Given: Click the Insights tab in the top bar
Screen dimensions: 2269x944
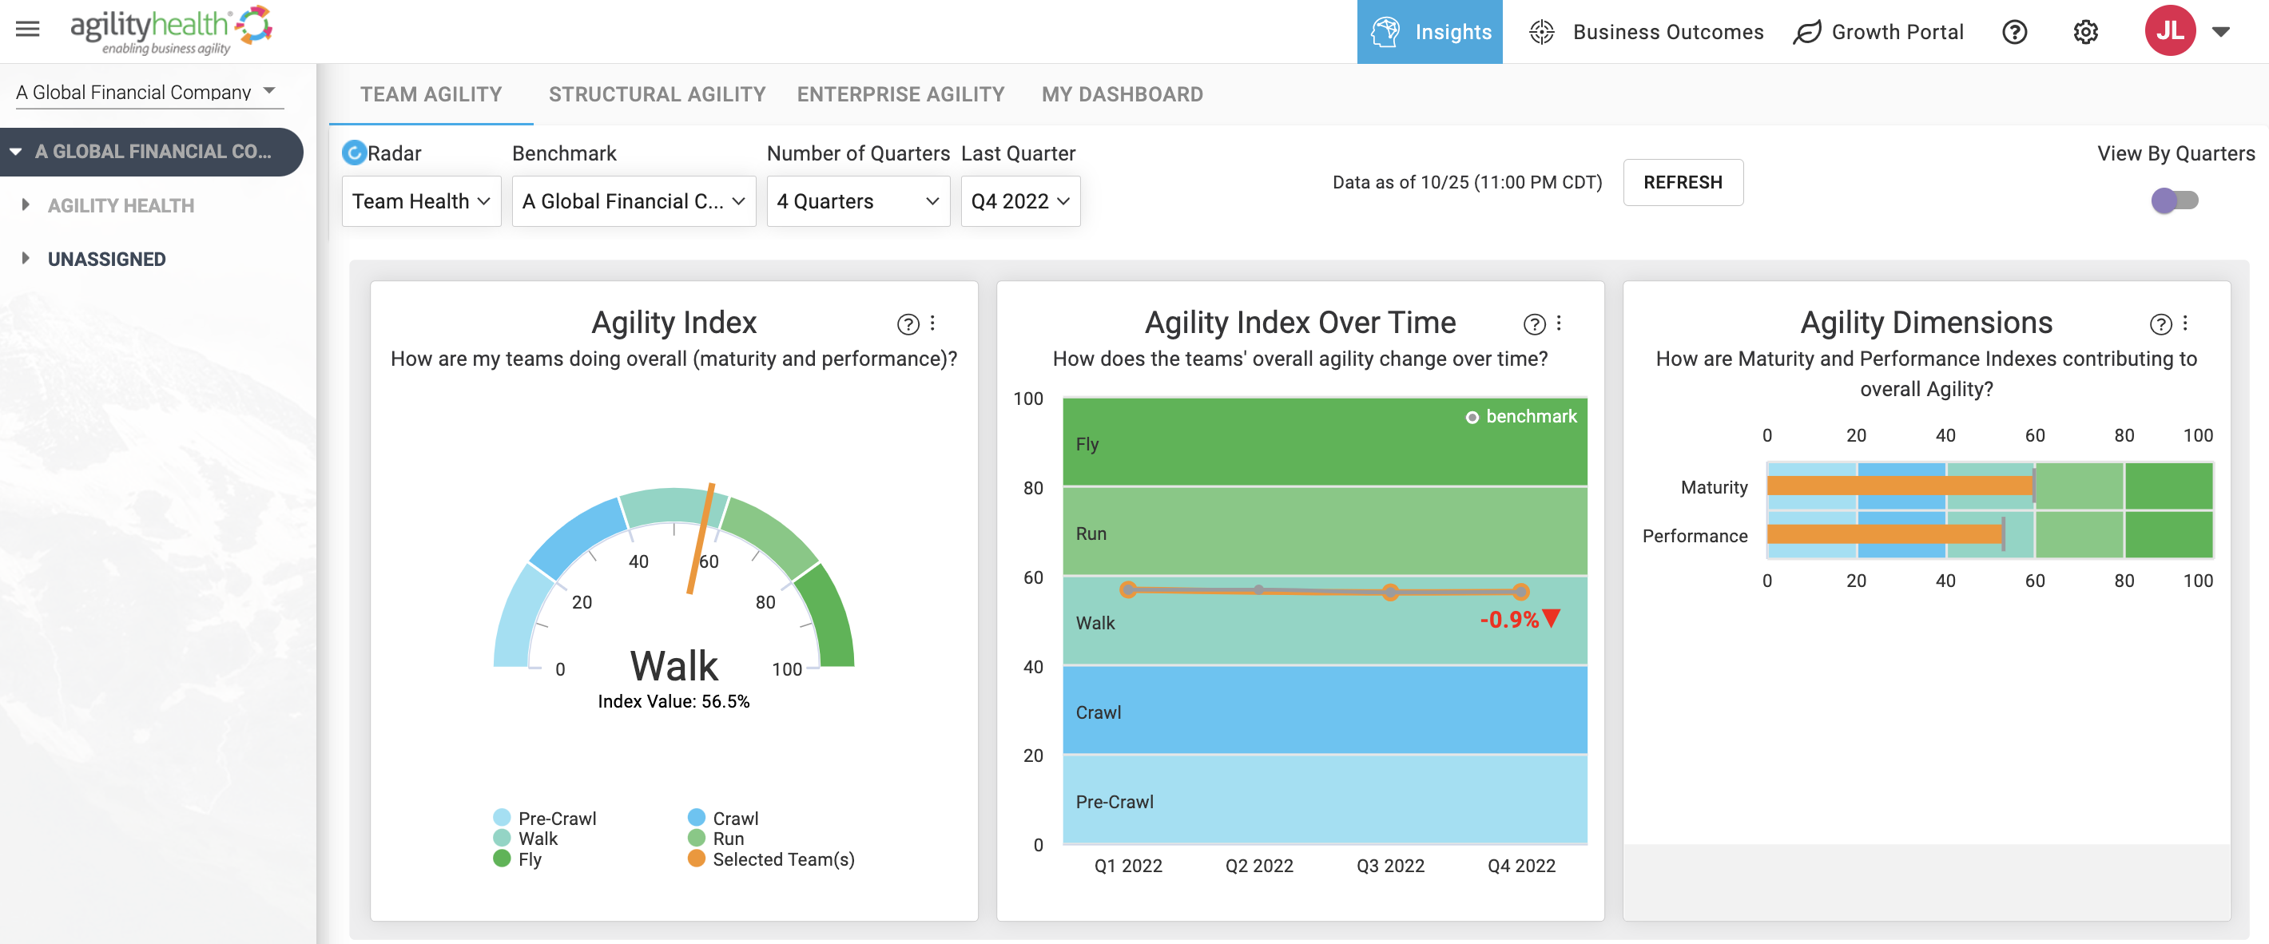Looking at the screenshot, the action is (1429, 32).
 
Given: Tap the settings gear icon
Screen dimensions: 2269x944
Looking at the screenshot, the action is (2085, 32).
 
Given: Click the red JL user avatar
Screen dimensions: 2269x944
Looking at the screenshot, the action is (2169, 31).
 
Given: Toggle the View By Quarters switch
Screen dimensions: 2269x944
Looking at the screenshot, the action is (2174, 200).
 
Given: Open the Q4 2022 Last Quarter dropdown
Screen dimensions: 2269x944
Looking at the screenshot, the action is (1020, 200).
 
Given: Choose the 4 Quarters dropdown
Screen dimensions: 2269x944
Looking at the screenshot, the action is (858, 200).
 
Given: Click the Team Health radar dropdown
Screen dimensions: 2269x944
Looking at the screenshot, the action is (421, 200).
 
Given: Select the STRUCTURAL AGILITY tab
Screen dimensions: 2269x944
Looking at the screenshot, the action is (657, 94).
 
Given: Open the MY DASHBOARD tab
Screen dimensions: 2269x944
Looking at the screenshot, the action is (1123, 94).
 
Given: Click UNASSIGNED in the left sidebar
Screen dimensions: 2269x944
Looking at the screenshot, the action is (106, 259).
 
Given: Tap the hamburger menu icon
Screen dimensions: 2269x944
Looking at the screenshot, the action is (28, 29).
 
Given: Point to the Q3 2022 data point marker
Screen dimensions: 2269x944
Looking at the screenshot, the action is (1390, 592).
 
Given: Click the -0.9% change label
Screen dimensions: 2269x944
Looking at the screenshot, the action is (1509, 619).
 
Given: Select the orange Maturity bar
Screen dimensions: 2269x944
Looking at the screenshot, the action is (1901, 486).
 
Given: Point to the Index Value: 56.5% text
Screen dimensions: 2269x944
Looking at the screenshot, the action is (674, 701).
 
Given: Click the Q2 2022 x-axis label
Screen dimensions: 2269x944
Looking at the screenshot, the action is (1258, 866).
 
